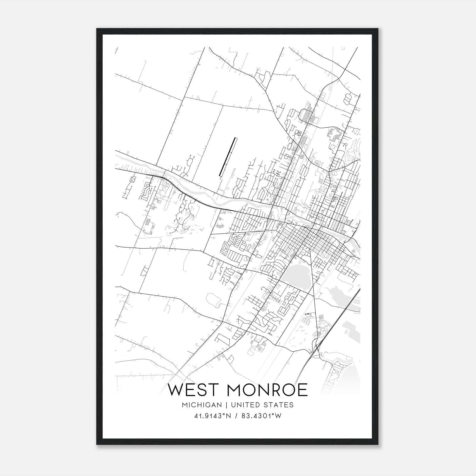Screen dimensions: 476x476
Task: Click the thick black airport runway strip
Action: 228,157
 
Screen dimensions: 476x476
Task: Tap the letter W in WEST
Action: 175,390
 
